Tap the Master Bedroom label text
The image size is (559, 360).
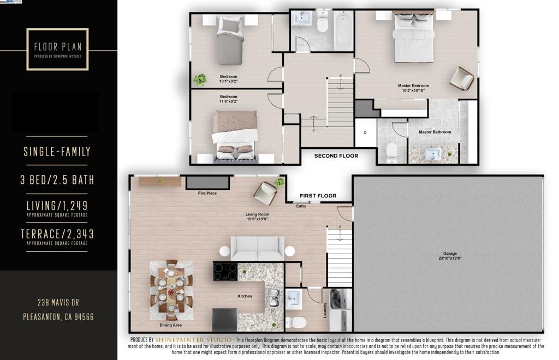tap(413, 86)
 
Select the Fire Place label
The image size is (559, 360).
tap(207, 193)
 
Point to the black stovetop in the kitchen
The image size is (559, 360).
tap(225, 272)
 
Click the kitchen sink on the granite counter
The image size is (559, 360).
tap(273, 298)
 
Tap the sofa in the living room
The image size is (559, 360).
tap(257, 249)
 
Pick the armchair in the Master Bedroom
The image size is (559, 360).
tap(461, 79)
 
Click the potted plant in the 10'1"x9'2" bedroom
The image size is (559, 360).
tap(200, 80)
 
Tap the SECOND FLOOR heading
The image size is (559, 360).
tap(336, 156)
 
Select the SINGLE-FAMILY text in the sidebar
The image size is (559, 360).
tap(57, 152)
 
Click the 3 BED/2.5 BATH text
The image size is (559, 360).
tap(57, 180)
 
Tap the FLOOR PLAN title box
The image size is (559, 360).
tap(57, 49)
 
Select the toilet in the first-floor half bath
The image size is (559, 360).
tap(295, 322)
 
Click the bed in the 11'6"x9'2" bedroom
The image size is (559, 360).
tap(235, 134)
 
